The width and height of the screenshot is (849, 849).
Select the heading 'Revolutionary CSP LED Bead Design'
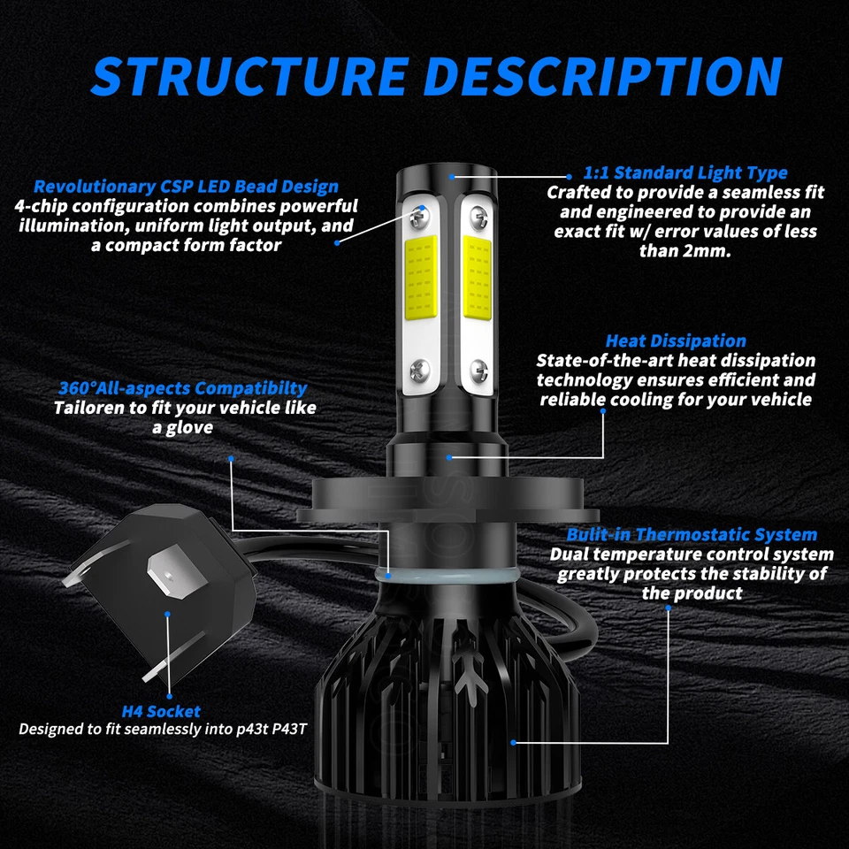[186, 186]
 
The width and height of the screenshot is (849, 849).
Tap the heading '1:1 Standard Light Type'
[685, 172]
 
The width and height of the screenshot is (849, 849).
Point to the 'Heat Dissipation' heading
[676, 340]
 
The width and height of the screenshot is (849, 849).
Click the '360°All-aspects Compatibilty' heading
[183, 387]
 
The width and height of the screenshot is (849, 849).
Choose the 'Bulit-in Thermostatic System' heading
[692, 534]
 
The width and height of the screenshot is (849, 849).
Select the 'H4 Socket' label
[161, 711]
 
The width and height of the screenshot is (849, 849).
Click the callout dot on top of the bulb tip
[451, 176]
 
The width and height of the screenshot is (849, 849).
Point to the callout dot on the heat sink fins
[513, 742]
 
